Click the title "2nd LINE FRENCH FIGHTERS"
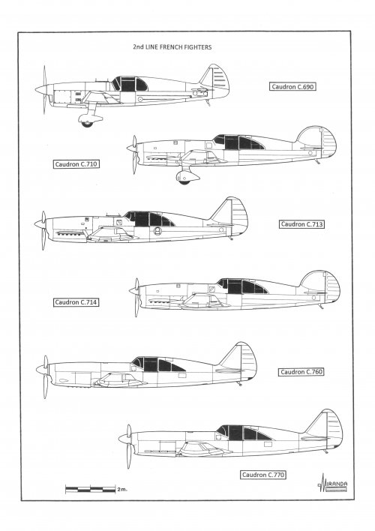(172, 47)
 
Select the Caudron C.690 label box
(292, 87)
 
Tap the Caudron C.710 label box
(76, 164)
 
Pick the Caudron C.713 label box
(301, 224)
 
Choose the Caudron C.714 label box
(76, 302)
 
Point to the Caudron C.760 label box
(301, 372)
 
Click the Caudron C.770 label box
(262, 475)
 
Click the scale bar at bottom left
(91, 489)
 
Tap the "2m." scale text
(122, 489)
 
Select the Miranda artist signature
(333, 483)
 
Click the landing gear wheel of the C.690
(87, 124)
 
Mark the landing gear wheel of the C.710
(184, 181)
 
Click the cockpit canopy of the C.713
(149, 219)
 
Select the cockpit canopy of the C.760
(158, 364)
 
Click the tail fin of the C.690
(216, 79)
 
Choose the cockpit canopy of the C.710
(238, 142)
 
